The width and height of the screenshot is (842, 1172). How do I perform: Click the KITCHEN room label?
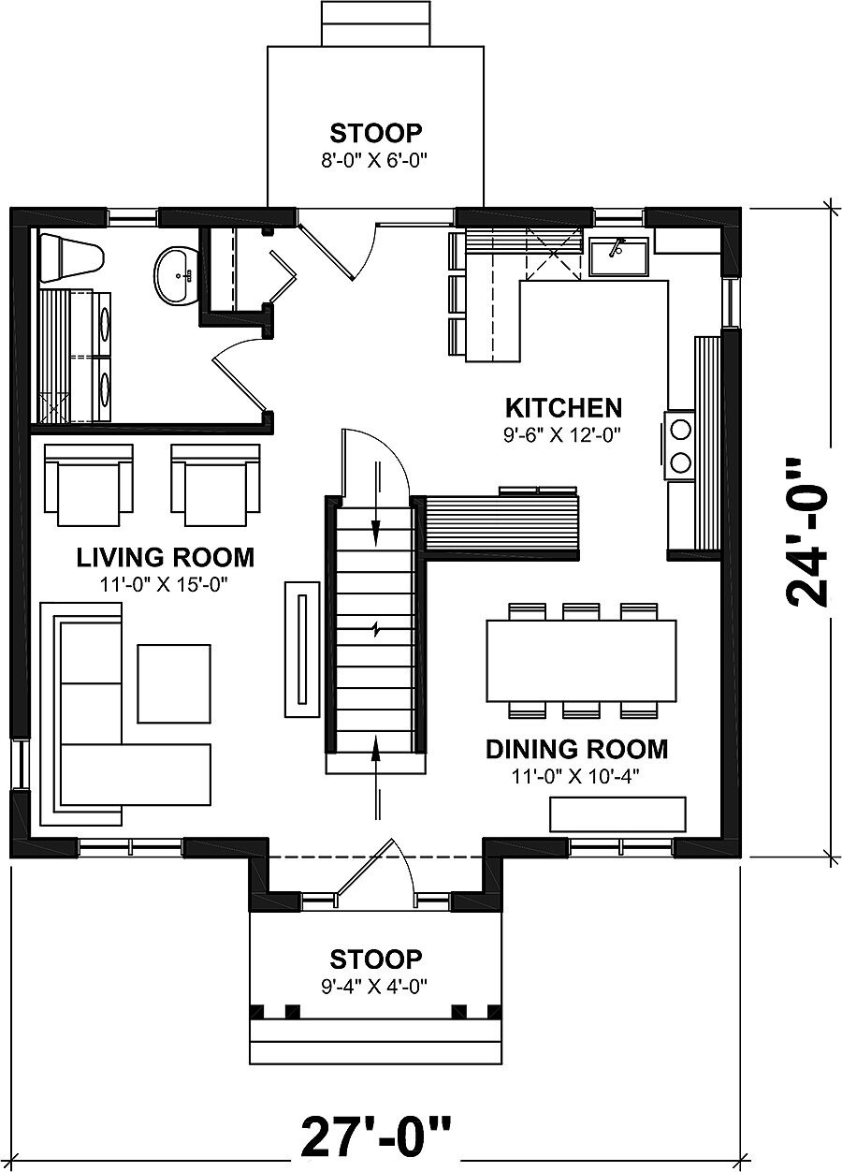pyautogui.click(x=563, y=408)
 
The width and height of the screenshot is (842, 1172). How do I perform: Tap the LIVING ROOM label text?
pyautogui.click(x=165, y=558)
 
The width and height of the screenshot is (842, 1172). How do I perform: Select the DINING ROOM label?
pyautogui.click(x=576, y=749)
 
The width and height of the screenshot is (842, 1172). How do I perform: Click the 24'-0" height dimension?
pyautogui.click(x=807, y=532)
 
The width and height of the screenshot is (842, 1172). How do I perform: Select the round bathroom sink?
pyautogui.click(x=175, y=274)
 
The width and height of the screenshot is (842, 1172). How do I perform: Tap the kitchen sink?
pyautogui.click(x=618, y=256)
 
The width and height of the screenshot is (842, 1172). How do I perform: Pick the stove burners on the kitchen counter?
pyautogui.click(x=679, y=445)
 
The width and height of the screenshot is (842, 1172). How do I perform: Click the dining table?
pyautogui.click(x=581, y=661)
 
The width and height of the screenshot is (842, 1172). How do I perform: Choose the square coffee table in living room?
pyautogui.click(x=174, y=683)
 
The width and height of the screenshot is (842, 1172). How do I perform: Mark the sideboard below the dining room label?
pyautogui.click(x=617, y=813)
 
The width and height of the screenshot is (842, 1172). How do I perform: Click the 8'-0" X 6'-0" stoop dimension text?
pyautogui.click(x=376, y=159)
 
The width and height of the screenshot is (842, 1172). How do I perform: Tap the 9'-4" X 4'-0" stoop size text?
pyautogui.click(x=376, y=986)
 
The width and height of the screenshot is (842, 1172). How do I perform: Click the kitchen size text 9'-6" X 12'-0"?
pyautogui.click(x=563, y=433)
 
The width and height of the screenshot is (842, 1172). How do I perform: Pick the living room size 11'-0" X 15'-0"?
pyautogui.click(x=165, y=583)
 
